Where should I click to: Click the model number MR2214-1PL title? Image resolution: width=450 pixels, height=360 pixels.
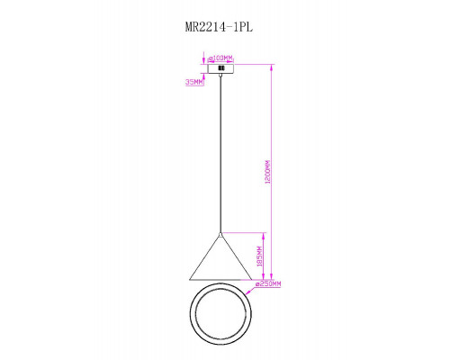click(219, 27)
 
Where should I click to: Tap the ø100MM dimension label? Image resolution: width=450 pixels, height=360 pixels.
click(220, 58)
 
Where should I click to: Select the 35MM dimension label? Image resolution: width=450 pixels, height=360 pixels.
click(194, 82)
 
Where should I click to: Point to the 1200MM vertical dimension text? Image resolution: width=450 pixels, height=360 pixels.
click(267, 172)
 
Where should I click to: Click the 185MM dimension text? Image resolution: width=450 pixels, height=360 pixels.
click(259, 256)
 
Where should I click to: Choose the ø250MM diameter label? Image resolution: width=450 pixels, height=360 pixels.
click(268, 283)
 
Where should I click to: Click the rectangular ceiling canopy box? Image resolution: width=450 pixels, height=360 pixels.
click(220, 68)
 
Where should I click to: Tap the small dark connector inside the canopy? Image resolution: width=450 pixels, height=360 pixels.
click(221, 68)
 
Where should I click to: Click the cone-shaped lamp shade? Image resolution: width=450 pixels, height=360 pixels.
click(220, 257)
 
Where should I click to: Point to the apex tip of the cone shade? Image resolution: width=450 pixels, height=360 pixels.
click(220, 235)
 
